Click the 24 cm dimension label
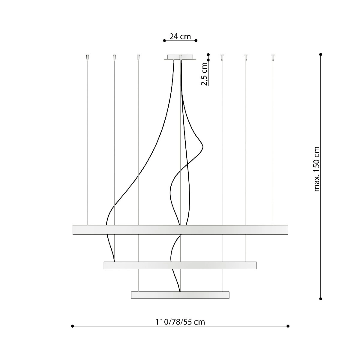(180, 36)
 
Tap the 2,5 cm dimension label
(204, 74)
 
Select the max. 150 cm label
(317, 169)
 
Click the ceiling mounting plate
(180, 57)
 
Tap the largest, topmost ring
(180, 229)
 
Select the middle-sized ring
(180, 265)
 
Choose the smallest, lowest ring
(180, 295)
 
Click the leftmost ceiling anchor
(88, 57)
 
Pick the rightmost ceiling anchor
(273, 57)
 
